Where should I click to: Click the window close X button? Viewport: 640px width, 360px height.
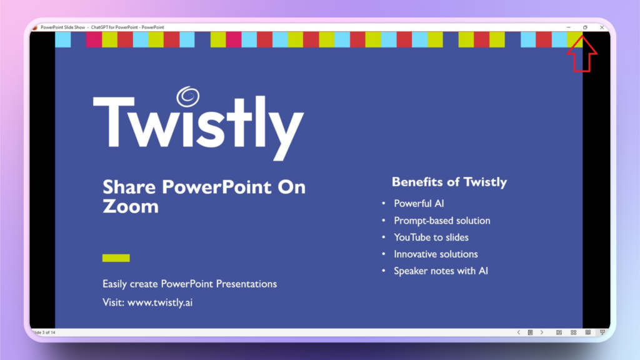[x=601, y=27]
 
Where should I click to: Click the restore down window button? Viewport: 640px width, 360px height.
[x=585, y=27]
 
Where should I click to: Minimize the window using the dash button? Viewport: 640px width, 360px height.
[x=568, y=27]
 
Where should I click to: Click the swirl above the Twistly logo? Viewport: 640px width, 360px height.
[x=187, y=98]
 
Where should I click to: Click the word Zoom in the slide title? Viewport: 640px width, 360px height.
[x=130, y=207]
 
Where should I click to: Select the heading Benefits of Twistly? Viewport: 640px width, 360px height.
[x=449, y=182]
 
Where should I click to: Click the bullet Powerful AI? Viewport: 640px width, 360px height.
[x=419, y=204]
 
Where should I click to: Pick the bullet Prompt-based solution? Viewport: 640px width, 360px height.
[x=442, y=221]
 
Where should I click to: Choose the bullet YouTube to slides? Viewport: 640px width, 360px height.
[x=431, y=237]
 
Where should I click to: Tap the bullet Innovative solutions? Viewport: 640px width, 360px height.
[x=436, y=254]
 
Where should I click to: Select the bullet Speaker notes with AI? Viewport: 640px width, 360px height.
[x=441, y=271]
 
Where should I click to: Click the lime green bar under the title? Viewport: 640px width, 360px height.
[x=116, y=257]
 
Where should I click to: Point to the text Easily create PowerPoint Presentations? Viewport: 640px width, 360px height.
[x=189, y=284]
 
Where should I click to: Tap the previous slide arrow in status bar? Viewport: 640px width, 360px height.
[x=518, y=332]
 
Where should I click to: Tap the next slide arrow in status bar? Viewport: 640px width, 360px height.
[x=541, y=332]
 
